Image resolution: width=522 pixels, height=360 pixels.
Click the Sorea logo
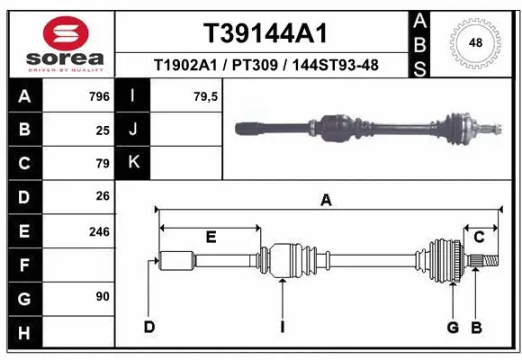pos(65,43)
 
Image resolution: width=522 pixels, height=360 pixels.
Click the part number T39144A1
pos(264,33)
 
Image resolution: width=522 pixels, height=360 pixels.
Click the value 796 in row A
pos(98,96)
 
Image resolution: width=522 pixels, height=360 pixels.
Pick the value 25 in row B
pos(102,130)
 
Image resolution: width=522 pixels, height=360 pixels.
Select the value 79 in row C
pos(102,164)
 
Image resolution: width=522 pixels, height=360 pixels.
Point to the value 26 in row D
pos(102,197)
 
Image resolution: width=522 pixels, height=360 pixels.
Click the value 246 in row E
pos(98,231)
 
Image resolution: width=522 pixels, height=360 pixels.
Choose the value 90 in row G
pos(102,296)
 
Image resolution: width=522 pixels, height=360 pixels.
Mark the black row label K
pos(134,163)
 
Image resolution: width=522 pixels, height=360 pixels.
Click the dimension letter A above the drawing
pos(326,201)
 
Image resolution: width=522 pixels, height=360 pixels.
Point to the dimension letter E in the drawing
pos(211,238)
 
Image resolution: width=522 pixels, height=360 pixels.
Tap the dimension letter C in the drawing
pos(480,237)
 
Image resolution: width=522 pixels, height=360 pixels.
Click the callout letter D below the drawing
pos(149,326)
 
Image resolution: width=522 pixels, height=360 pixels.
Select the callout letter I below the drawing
pos(282,326)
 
